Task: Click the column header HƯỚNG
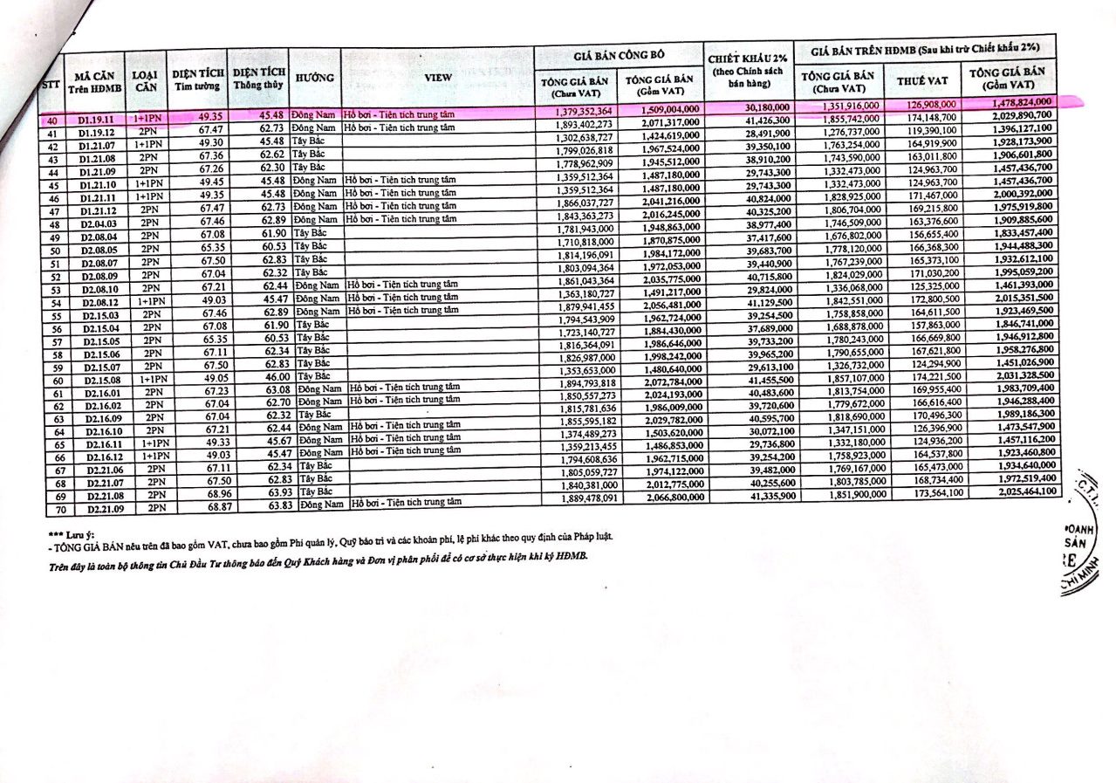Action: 315,78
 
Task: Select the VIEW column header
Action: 437,77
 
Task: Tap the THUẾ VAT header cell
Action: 921,80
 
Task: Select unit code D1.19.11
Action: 96,117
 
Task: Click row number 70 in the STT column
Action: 61,509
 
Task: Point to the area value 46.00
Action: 272,374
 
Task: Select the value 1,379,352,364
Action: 585,112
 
